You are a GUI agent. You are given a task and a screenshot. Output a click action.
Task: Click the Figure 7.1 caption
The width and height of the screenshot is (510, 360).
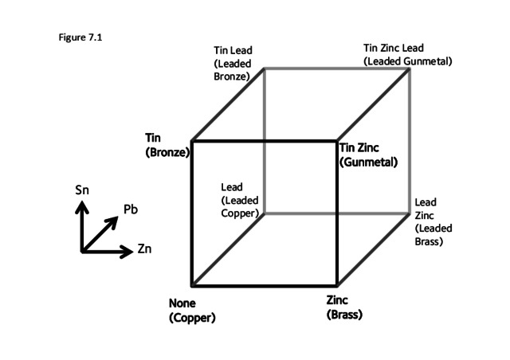77,37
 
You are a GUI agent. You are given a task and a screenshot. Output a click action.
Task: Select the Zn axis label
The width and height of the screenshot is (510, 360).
144,250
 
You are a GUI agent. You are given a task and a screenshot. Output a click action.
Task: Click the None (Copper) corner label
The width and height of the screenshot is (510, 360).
192,311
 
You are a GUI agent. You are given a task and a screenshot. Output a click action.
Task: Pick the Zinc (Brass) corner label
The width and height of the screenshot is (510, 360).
344,307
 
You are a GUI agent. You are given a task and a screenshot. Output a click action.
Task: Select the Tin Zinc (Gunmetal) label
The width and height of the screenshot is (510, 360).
367,154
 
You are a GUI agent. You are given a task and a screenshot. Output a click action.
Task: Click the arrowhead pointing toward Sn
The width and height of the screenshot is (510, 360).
81,204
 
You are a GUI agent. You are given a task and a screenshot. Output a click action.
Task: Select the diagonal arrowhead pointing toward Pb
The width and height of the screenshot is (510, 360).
116,217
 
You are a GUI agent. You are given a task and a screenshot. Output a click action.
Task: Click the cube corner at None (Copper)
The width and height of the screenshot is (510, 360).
192,284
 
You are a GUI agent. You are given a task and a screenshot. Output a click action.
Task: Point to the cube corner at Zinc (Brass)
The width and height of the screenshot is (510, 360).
337,284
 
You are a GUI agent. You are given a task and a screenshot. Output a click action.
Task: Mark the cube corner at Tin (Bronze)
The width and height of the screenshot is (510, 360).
192,141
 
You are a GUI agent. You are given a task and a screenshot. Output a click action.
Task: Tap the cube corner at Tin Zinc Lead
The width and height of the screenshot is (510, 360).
410,68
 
